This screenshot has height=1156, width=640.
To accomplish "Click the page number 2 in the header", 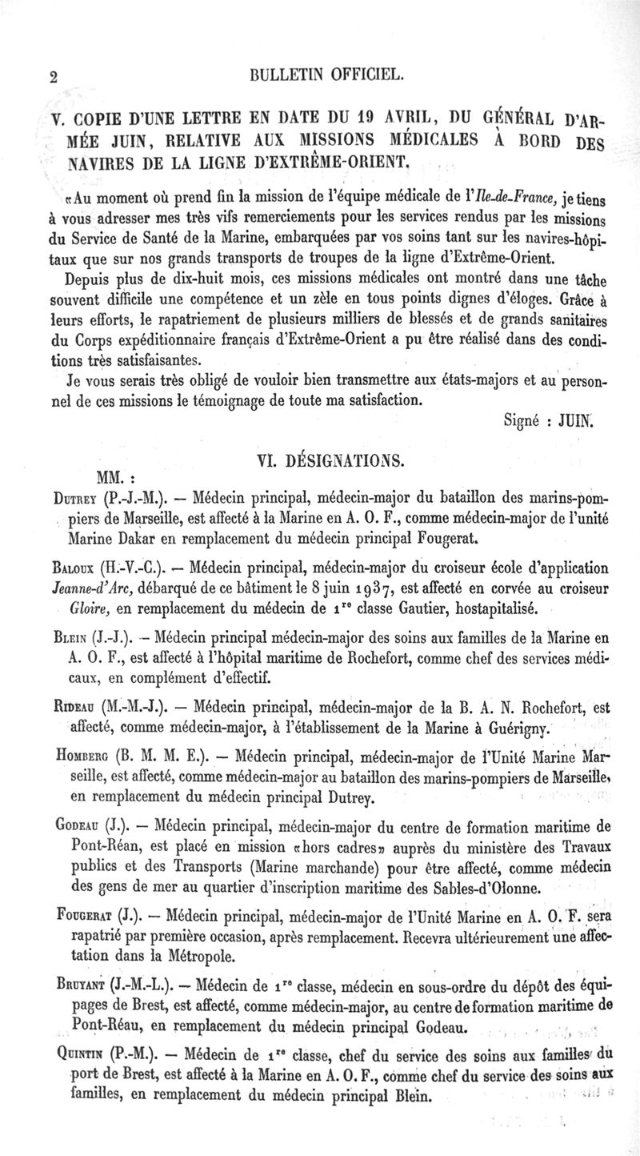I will click(x=54, y=77).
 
